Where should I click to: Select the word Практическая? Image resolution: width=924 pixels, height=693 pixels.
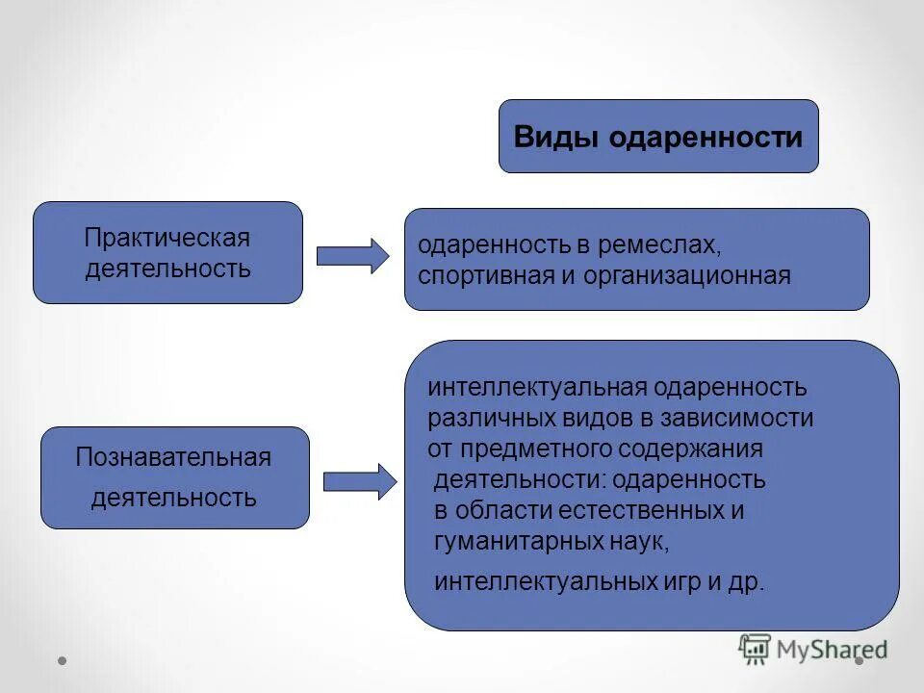167,237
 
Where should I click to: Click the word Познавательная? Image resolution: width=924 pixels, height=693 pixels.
173,457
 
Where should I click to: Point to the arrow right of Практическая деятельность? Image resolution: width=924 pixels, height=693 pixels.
352,255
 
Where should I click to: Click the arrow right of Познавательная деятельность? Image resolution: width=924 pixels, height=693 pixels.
359,481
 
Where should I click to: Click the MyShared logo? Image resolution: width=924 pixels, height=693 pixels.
813,649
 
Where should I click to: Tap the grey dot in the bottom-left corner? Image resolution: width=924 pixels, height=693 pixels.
63,661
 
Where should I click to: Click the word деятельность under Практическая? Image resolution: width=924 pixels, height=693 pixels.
167,268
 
